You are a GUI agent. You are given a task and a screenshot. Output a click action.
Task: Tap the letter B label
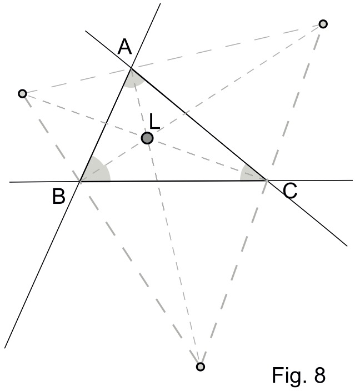pos(59,197)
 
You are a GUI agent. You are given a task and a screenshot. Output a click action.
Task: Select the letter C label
pos(290,191)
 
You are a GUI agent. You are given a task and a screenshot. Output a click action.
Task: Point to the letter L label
pos(154,122)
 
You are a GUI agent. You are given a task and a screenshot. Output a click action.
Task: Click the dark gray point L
pos(147,138)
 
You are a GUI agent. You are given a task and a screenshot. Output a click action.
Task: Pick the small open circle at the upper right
pos(323,24)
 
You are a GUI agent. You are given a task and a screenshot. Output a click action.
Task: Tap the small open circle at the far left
pos(23,94)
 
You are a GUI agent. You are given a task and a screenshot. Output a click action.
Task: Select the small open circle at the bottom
pos(201,367)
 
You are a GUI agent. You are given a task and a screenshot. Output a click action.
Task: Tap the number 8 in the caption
pos(320,375)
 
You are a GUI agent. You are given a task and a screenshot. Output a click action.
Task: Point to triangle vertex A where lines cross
pos(131,68)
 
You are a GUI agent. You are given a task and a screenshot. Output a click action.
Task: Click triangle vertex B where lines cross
pos(80,181)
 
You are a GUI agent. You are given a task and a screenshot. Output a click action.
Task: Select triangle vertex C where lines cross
pos(267,180)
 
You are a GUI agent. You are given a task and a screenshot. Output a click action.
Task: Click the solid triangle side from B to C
pos(173,181)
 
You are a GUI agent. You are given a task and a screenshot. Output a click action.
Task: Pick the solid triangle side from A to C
pos(199,124)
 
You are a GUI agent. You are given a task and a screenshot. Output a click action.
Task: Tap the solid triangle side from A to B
pos(106,124)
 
